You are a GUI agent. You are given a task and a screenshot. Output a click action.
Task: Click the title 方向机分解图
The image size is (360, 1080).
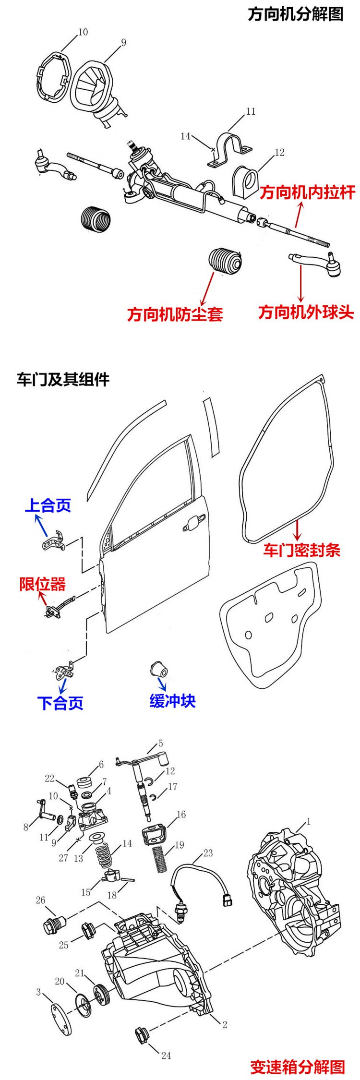(x=296, y=14)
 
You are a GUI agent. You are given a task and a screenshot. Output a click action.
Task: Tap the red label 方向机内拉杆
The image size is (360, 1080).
(x=308, y=192)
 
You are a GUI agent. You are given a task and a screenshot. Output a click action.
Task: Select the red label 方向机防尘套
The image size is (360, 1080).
(x=175, y=314)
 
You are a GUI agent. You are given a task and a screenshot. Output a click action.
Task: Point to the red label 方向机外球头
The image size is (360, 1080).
(x=306, y=312)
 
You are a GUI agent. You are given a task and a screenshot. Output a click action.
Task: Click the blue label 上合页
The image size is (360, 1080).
(x=48, y=505)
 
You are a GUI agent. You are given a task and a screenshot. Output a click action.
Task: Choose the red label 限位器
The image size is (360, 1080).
(x=42, y=584)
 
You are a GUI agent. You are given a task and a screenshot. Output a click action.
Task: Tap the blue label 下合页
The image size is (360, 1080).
(x=60, y=703)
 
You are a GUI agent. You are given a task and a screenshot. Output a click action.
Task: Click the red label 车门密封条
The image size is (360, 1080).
(x=301, y=550)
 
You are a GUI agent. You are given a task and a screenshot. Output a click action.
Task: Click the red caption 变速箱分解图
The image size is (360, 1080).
(x=298, y=1067)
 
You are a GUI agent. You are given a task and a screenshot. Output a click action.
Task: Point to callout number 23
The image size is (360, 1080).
(x=208, y=853)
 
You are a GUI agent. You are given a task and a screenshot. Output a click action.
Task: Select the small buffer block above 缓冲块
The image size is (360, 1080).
(x=158, y=668)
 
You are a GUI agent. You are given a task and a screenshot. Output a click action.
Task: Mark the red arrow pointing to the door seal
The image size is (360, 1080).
(x=298, y=530)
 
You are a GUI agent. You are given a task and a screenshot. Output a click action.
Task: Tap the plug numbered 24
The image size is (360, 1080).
(x=141, y=1035)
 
